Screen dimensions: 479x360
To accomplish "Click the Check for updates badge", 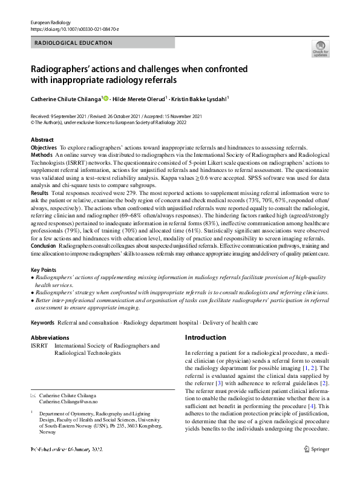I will (319, 48).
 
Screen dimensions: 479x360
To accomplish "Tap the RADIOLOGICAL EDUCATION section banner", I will (74, 42).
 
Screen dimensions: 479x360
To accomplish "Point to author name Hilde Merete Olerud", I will (139, 97).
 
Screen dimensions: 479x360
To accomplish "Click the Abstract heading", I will (42, 140).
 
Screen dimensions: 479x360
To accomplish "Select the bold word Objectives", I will (44, 148).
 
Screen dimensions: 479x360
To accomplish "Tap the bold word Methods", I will (41, 155).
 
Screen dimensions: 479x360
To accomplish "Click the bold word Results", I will (41, 191).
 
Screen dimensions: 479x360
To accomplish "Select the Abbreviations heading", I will (50, 338).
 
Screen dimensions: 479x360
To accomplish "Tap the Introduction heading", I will (206, 337).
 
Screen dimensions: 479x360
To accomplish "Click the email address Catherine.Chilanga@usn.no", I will (69, 401).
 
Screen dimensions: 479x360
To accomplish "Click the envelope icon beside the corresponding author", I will (33, 395).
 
